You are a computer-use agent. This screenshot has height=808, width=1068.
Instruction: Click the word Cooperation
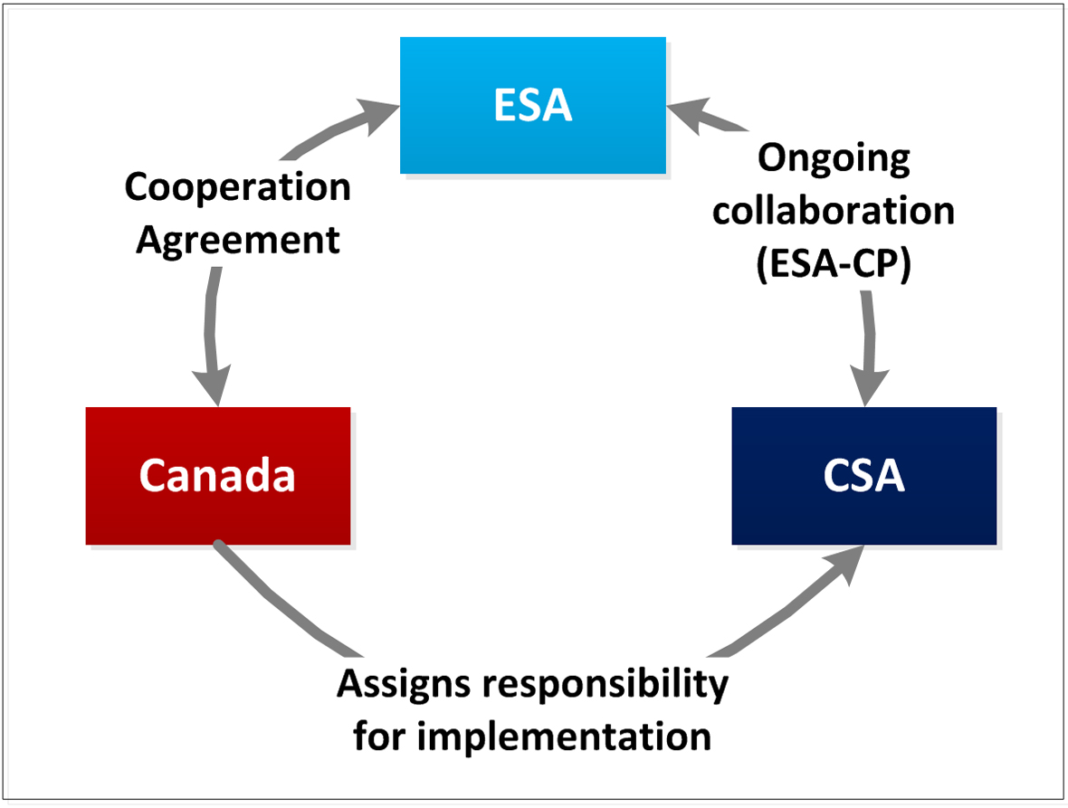(237, 188)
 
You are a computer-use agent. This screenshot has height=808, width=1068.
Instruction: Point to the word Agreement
(239, 241)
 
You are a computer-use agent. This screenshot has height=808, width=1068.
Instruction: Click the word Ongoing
(833, 159)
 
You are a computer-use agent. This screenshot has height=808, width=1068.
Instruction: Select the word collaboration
(833, 211)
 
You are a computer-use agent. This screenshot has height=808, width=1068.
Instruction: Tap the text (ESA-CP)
(833, 263)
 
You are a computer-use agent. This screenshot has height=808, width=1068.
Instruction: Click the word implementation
(562, 737)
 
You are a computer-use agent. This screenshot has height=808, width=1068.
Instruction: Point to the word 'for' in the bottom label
(379, 737)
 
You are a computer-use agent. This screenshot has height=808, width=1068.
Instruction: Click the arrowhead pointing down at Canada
(217, 387)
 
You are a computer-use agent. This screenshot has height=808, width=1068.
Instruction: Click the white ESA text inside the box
(533, 106)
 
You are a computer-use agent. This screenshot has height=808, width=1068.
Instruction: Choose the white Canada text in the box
(217, 476)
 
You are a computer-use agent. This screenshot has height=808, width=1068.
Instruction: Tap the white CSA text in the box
(863, 476)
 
